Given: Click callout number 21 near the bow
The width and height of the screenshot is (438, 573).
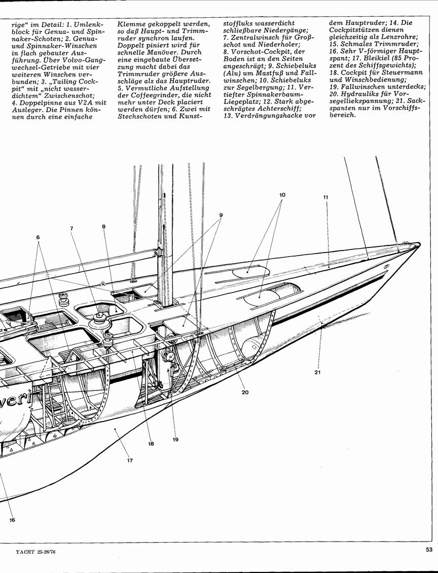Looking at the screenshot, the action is click(317, 372).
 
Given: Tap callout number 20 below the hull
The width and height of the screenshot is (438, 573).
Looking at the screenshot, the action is click(245, 392).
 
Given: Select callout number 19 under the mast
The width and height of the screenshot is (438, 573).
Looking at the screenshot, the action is click(175, 439).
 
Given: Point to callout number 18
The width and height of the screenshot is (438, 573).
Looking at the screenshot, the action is click(151, 444).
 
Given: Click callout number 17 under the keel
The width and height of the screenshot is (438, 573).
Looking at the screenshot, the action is click(130, 460).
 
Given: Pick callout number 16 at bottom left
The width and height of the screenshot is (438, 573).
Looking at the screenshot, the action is click(12, 520).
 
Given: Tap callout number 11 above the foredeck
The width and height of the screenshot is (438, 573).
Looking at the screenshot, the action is click(325, 197).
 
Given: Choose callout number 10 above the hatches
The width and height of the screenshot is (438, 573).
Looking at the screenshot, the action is click(282, 195).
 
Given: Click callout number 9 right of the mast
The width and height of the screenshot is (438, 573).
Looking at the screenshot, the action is click(221, 215).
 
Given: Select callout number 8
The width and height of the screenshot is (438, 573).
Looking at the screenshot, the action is click(104, 227).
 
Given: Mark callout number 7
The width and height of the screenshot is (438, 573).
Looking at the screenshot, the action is click(71, 228).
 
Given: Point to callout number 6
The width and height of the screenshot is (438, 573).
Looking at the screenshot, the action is click(38, 237).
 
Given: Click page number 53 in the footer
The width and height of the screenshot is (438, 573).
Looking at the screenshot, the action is click(429, 549).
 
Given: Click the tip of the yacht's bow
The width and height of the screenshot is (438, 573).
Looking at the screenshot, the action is click(420, 244).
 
